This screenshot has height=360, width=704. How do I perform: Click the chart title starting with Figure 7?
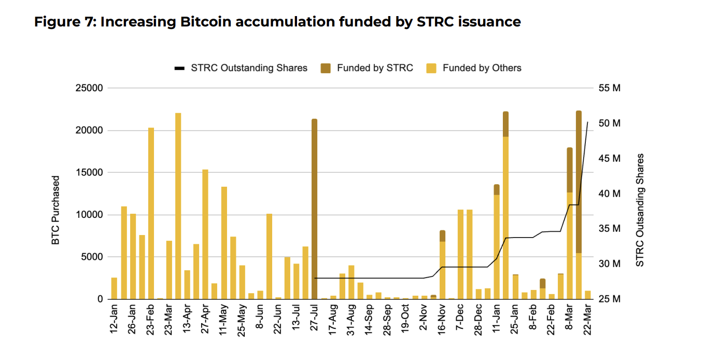tap(277, 21)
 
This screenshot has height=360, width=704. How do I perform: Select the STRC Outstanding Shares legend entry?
tap(242, 68)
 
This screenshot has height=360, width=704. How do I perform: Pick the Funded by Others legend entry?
tap(474, 68)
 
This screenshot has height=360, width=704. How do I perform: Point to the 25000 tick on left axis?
tap(89, 88)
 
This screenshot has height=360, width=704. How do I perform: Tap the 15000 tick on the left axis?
tap(89, 173)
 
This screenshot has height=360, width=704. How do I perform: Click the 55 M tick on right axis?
tap(609, 88)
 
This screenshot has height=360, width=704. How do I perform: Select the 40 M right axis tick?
tap(609, 193)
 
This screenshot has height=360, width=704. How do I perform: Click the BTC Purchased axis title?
tap(56, 210)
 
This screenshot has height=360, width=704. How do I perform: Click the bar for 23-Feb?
tap(151, 213)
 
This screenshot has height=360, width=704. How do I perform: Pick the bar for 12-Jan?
tap(114, 288)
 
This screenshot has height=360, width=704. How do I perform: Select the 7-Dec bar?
tap(460, 254)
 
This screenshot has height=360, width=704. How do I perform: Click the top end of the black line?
tap(587, 122)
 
